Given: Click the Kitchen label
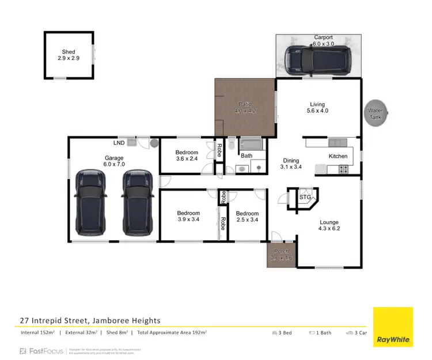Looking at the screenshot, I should (x=338, y=156).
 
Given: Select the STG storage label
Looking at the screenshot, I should (x=305, y=198).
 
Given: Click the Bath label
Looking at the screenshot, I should (x=247, y=156).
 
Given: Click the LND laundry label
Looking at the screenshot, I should (x=119, y=142).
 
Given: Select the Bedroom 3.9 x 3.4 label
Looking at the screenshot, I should (x=188, y=217).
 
